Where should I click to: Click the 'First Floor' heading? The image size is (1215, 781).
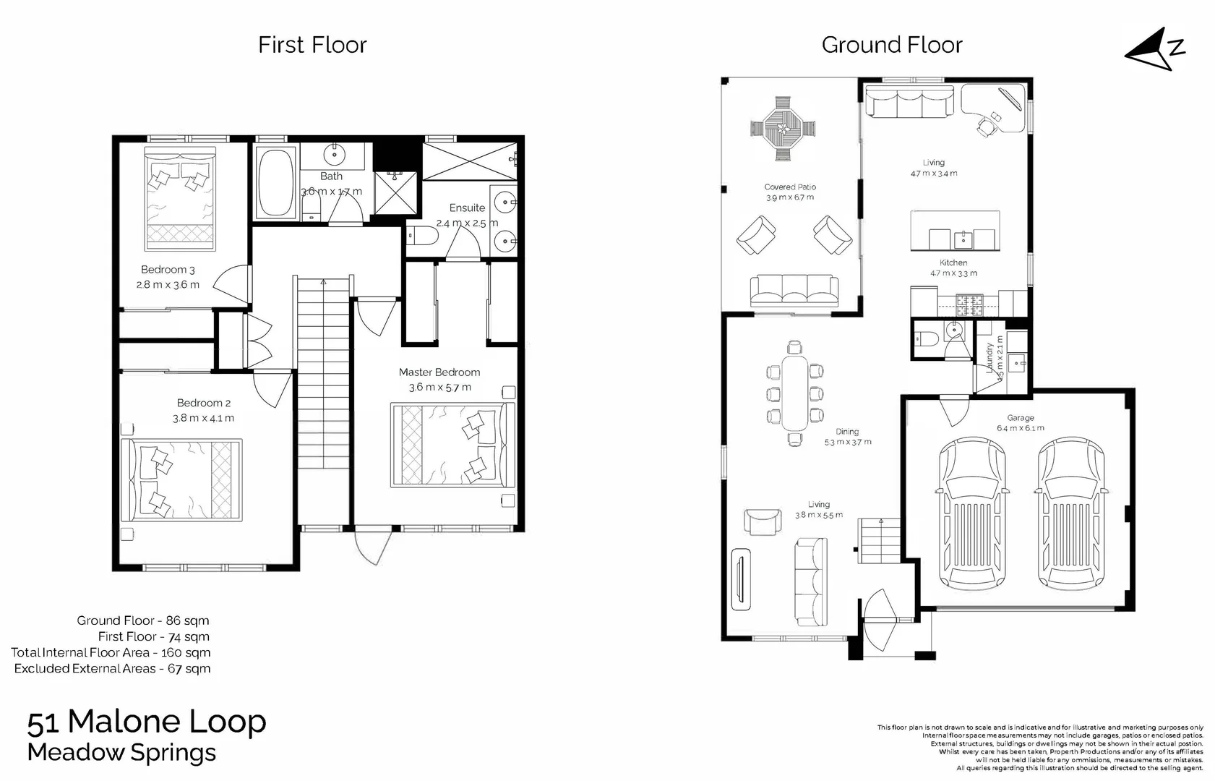(312, 45)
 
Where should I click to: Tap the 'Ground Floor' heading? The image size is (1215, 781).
(891, 45)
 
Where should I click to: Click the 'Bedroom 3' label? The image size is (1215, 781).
(168, 270)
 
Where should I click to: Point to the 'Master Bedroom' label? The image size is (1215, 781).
(439, 372)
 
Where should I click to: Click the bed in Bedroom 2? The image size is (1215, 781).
(181, 479)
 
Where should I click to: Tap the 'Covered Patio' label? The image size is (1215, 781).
(790, 187)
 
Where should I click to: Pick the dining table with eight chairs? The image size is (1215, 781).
(795, 393)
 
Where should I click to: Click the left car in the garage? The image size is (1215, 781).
(971, 515)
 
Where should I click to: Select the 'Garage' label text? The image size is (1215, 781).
(1020, 418)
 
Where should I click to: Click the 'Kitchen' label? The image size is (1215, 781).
(953, 263)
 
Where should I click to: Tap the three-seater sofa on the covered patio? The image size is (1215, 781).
(794, 291)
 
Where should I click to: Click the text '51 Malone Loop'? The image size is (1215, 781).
(147, 722)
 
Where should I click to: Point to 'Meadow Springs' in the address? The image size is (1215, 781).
(121, 753)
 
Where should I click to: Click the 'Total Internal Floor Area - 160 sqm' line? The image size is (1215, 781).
(111, 652)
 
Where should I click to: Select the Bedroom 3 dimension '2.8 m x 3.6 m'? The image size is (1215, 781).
(168, 285)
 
